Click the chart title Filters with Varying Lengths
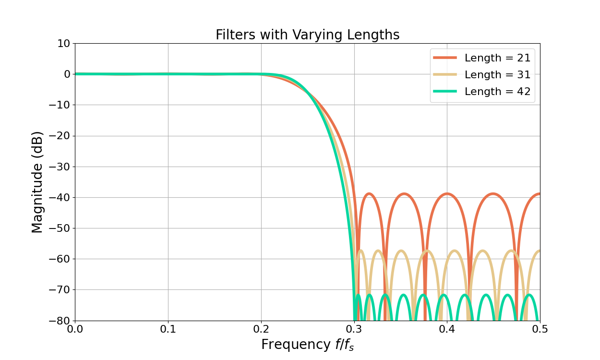point(307,35)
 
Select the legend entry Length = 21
point(497,58)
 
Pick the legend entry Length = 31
point(497,75)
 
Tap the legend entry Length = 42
point(497,92)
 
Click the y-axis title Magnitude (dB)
point(37,182)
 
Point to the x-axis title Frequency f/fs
point(307,345)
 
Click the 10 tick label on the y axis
point(63,43)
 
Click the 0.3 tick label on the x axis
point(354,329)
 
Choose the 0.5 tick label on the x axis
point(540,329)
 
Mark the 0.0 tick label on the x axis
point(75,329)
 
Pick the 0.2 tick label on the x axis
point(261,329)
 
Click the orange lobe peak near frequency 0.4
point(447,193)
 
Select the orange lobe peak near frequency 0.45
point(493,193)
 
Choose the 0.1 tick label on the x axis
point(168,329)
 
